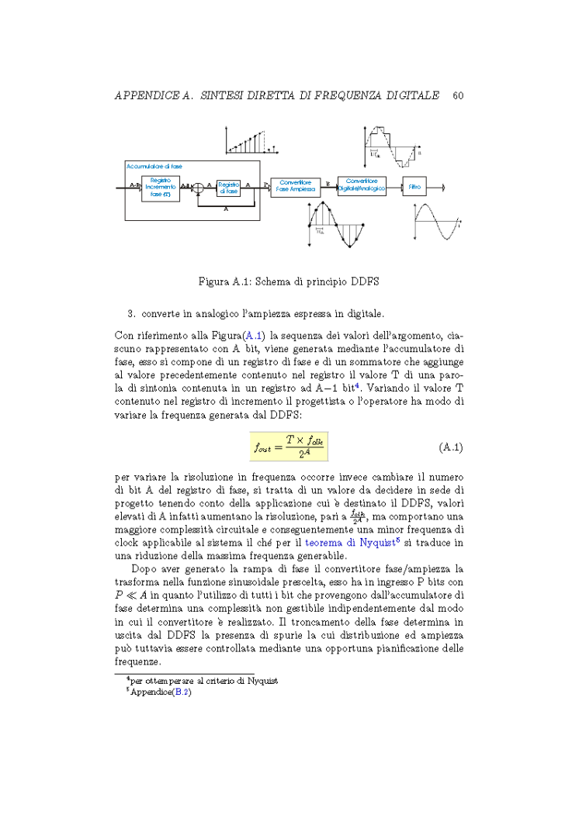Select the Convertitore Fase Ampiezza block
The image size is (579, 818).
coord(295,187)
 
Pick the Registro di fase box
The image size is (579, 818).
coord(228,187)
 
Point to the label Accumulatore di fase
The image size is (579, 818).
coord(154,166)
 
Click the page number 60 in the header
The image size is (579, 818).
coord(457,95)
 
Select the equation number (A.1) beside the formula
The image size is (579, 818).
coord(451,447)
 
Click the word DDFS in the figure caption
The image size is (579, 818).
coord(364,281)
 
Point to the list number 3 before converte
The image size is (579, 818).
coord(130,314)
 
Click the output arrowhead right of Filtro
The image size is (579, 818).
coord(442,187)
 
